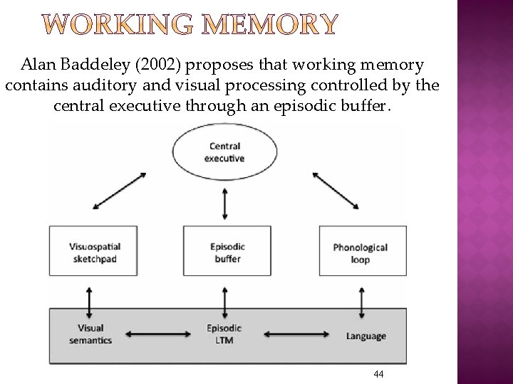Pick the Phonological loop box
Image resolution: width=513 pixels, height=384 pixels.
pyautogui.click(x=361, y=253)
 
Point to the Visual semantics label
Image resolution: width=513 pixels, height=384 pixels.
pyautogui.click(x=90, y=334)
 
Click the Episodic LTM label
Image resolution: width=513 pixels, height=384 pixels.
pyautogui.click(x=224, y=334)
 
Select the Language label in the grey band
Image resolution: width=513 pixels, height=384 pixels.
pyautogui.click(x=366, y=336)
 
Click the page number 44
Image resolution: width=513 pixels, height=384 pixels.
pyautogui.click(x=378, y=374)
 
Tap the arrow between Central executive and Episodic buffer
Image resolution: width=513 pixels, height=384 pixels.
pyautogui.click(x=226, y=203)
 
